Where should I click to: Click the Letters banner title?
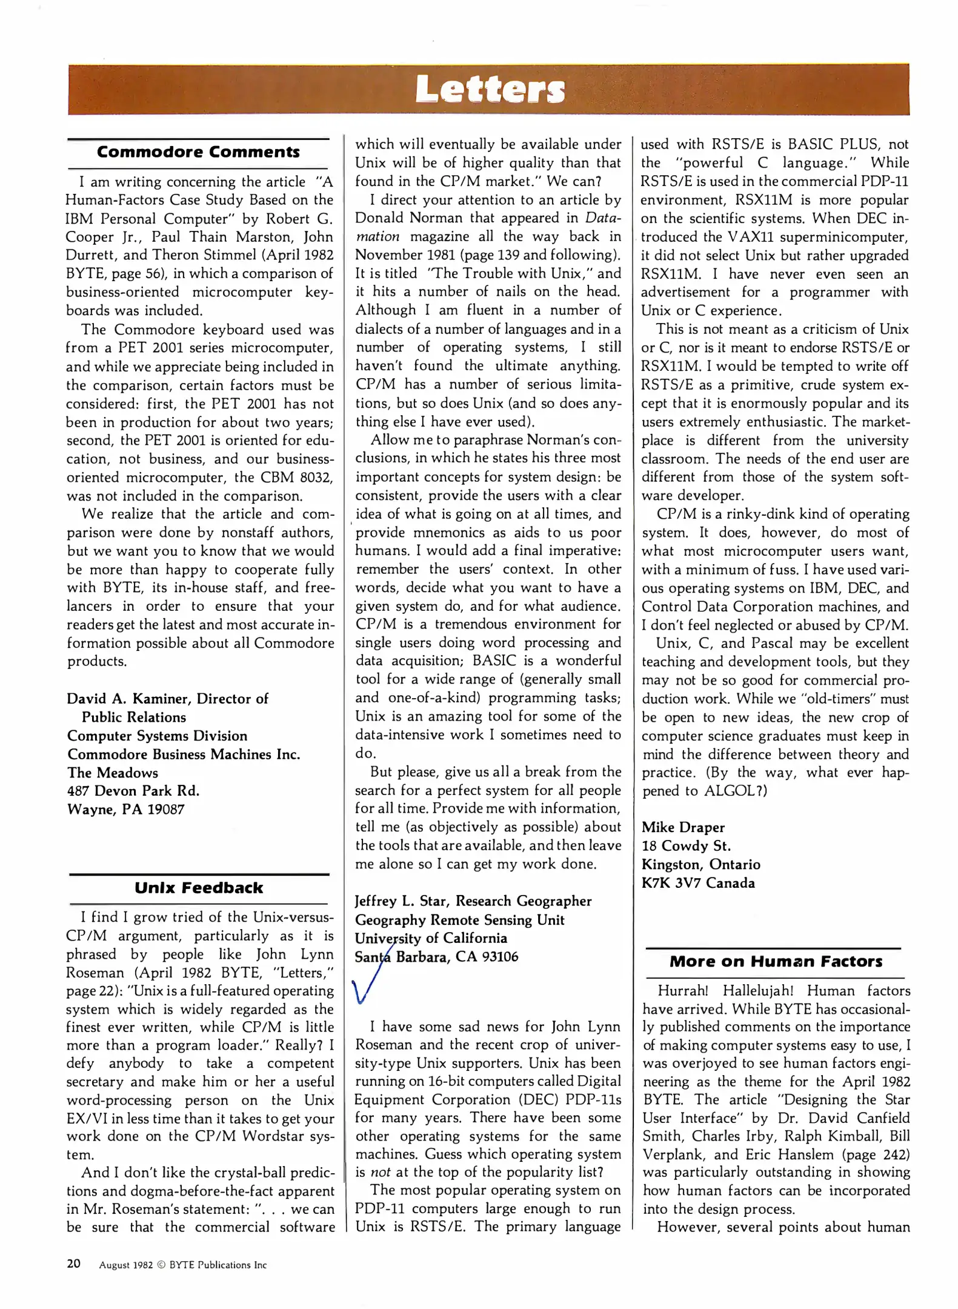coord(490,90)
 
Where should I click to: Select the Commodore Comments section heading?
coord(198,152)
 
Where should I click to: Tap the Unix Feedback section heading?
coord(198,888)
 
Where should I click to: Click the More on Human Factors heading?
coord(776,961)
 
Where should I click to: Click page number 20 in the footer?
coord(73,1264)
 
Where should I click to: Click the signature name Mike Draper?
coord(683,827)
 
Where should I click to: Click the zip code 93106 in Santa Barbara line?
coord(500,957)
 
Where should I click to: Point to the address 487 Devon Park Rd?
coord(133,791)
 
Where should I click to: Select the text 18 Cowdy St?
coord(686,846)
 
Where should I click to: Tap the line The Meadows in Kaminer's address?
coord(113,773)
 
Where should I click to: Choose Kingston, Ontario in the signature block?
coord(700,864)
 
